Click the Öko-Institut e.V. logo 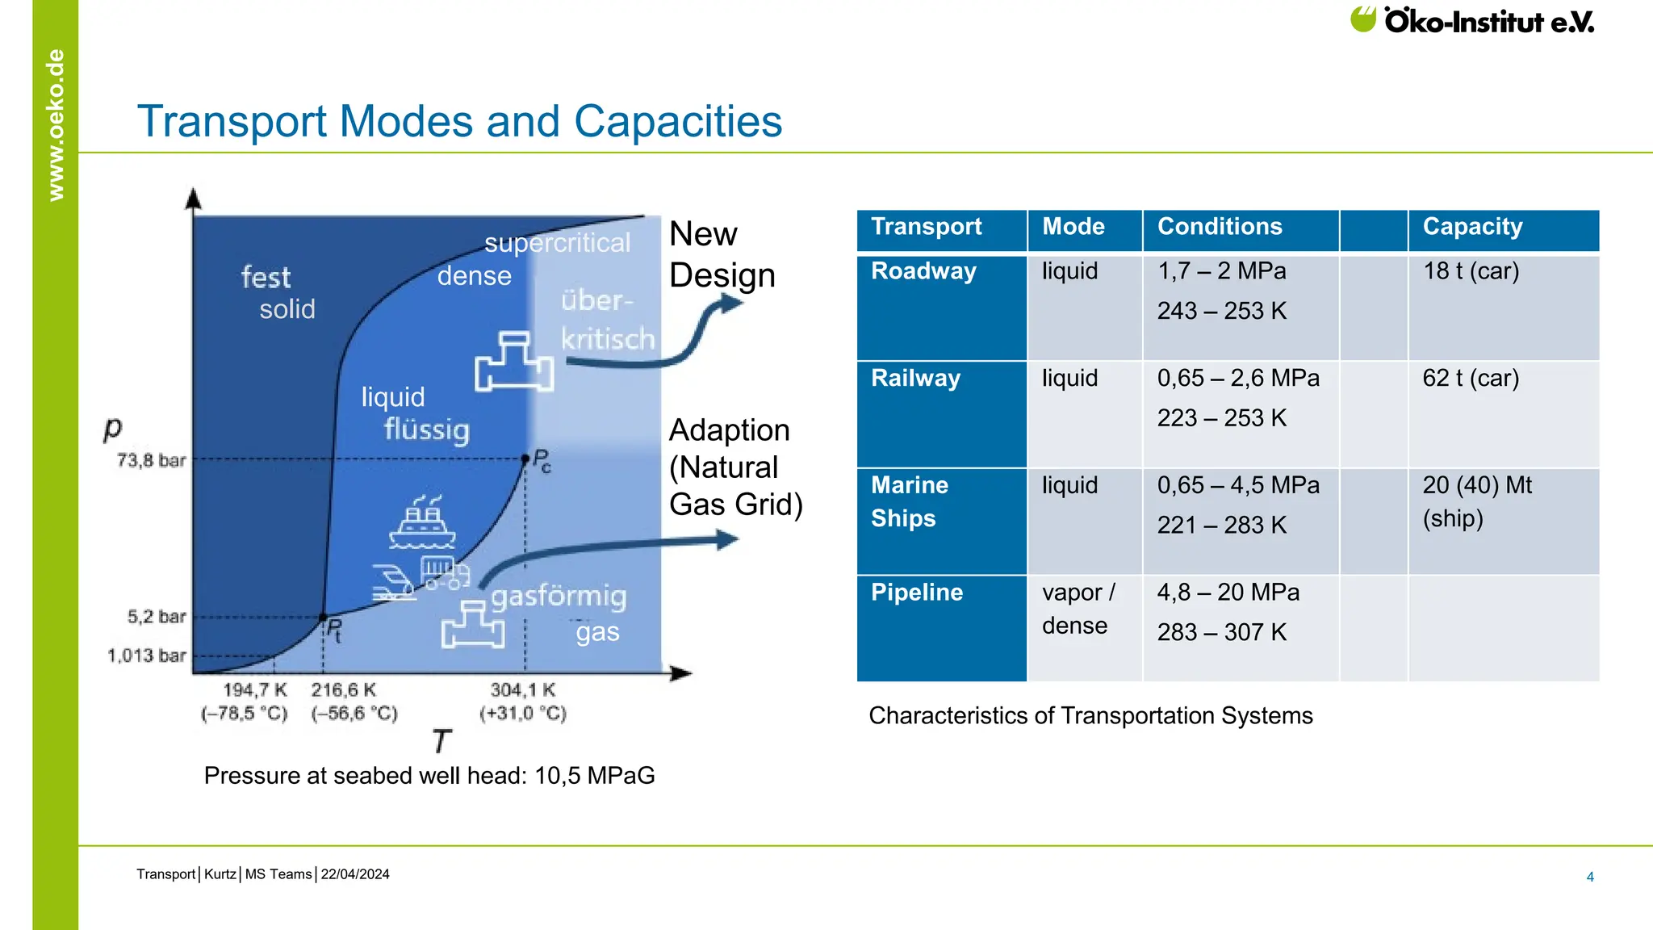pyautogui.click(x=1471, y=20)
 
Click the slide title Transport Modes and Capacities pyautogui.click(x=459, y=122)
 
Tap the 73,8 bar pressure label pyautogui.click(x=151, y=460)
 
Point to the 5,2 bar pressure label pyautogui.click(x=157, y=617)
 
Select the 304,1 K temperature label pyautogui.click(x=523, y=690)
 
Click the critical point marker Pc pyautogui.click(x=525, y=459)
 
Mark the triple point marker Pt pyautogui.click(x=324, y=618)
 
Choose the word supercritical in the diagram pyautogui.click(x=557, y=243)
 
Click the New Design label pyautogui.click(x=721, y=254)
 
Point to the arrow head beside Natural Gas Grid pyautogui.click(x=728, y=539)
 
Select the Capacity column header pyautogui.click(x=1472, y=227)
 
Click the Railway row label pyautogui.click(x=915, y=379)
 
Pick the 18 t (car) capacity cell pyautogui.click(x=1471, y=271)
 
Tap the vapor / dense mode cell pyautogui.click(x=1078, y=609)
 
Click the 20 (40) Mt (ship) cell pyautogui.click(x=1476, y=501)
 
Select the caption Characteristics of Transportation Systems pyautogui.click(x=1090, y=716)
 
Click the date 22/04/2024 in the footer pyautogui.click(x=355, y=874)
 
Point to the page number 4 pyautogui.click(x=1589, y=877)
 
